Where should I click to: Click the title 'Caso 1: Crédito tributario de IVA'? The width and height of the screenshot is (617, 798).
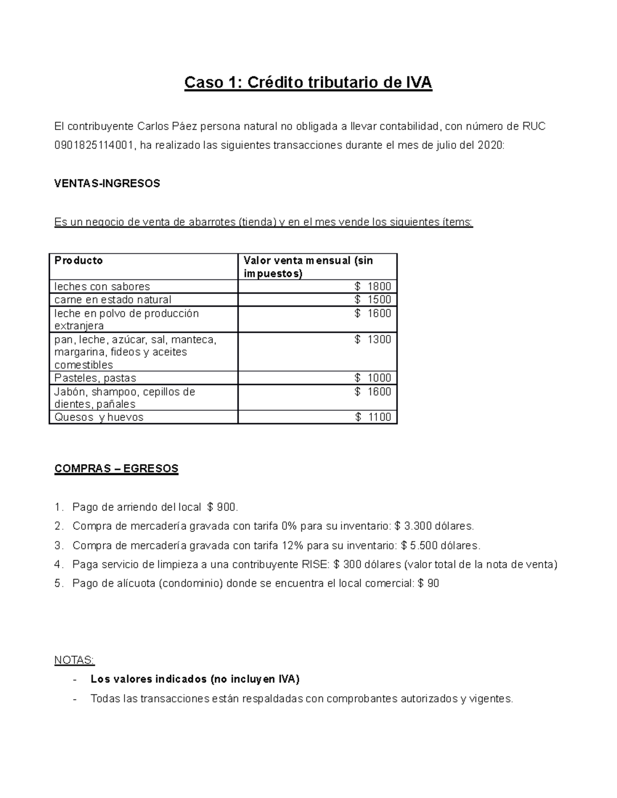(308, 83)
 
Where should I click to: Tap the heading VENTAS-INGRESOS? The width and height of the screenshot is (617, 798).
(107, 183)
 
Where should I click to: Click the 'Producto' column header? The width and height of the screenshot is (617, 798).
(79, 261)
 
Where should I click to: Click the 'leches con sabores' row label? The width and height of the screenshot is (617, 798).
(102, 287)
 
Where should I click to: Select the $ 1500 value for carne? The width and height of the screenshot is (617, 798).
(373, 300)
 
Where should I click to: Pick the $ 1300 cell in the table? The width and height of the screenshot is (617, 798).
(373, 339)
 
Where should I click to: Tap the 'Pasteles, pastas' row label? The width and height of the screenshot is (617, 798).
(95, 378)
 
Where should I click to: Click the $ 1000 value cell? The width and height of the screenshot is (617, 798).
(373, 378)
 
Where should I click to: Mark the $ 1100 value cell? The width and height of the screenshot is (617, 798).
(373, 417)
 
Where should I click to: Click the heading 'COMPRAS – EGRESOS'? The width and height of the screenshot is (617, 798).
(116, 469)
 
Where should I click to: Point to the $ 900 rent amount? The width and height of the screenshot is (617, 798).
(222, 508)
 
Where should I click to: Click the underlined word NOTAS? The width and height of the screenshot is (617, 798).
(74, 660)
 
